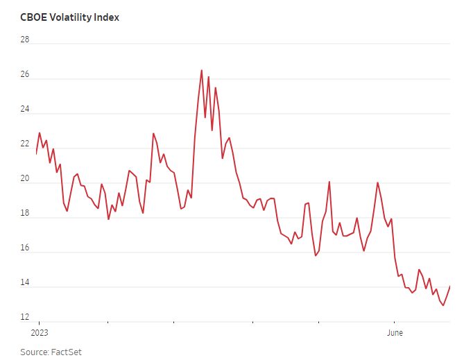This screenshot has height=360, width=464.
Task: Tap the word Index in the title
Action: click(107, 17)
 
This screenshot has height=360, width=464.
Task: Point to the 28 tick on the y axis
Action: click(25, 40)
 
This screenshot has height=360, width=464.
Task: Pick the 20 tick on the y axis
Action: click(25, 178)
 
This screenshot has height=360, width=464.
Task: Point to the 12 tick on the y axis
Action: click(25, 317)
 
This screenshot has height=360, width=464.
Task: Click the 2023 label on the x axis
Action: click(39, 333)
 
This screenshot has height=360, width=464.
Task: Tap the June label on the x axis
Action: click(394, 333)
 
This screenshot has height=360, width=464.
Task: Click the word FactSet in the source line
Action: click(67, 352)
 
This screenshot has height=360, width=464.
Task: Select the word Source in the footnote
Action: click(34, 352)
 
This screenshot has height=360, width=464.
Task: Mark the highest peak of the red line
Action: click(202, 70)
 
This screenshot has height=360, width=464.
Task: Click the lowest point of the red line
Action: click(443, 305)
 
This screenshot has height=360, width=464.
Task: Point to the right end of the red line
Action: click(450, 286)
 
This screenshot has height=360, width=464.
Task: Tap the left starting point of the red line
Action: click(36, 153)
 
